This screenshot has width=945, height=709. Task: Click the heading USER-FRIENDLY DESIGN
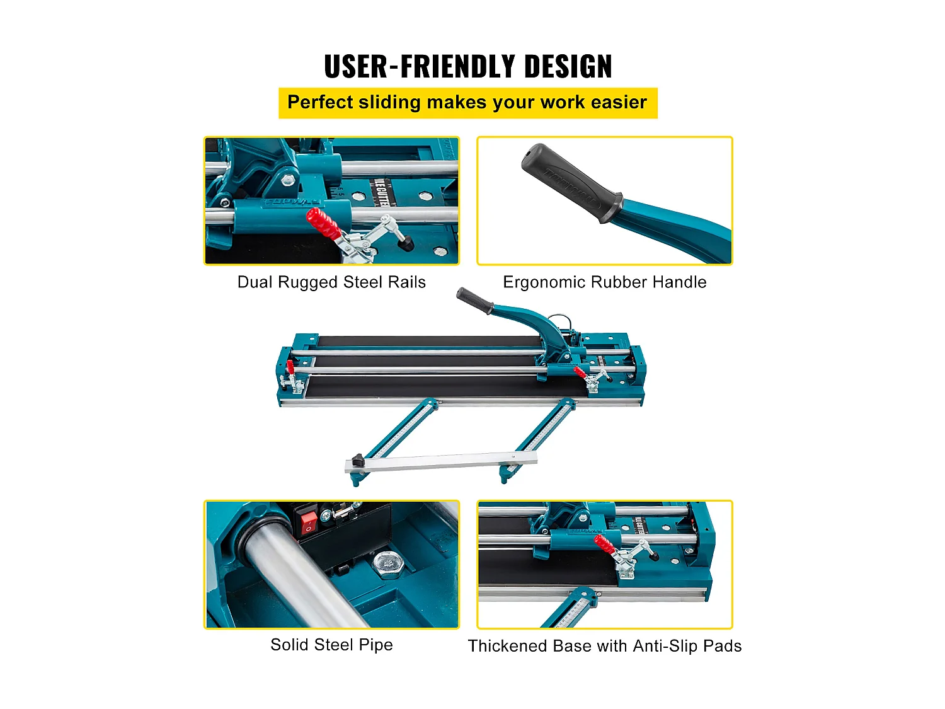(467, 67)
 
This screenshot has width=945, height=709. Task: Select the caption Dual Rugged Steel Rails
(331, 282)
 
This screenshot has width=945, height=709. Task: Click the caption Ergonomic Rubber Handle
(604, 282)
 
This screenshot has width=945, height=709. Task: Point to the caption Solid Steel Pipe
(331, 645)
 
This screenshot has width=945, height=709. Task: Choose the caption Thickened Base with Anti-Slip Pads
(604, 646)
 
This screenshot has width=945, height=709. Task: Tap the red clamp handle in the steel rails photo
(323, 223)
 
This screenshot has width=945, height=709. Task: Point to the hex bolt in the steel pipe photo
(387, 563)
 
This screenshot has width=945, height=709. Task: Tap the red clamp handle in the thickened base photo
(603, 543)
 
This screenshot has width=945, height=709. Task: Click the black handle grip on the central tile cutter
(474, 301)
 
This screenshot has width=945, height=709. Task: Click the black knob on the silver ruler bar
(358, 460)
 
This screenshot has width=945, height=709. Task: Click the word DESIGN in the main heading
(568, 67)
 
